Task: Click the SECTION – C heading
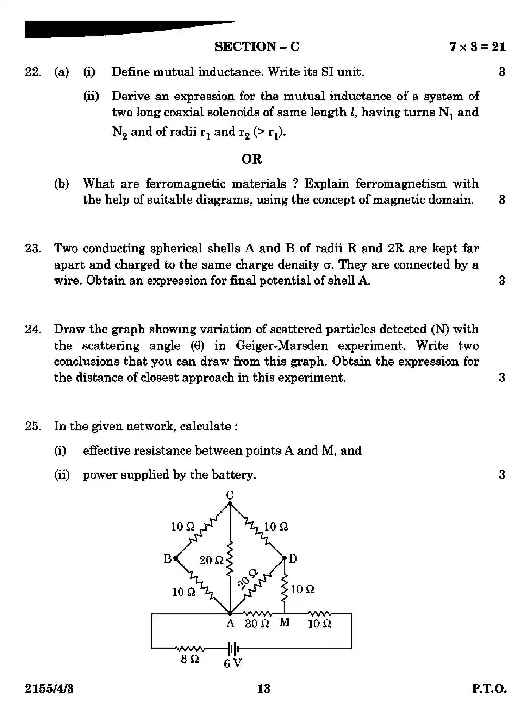click(x=257, y=47)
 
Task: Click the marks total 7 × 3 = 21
click(x=477, y=47)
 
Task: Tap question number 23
click(x=33, y=248)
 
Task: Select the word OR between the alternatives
click(x=251, y=159)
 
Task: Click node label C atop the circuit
click(x=230, y=495)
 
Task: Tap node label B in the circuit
click(x=168, y=559)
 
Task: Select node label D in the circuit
click(x=293, y=558)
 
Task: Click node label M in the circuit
click(x=285, y=623)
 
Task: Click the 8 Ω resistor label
click(x=190, y=659)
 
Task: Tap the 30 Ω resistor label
click(x=257, y=624)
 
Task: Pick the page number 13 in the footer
click(x=264, y=688)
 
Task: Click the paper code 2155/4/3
click(x=49, y=688)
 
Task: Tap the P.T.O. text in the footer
click(x=489, y=688)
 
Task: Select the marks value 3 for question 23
click(x=502, y=281)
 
